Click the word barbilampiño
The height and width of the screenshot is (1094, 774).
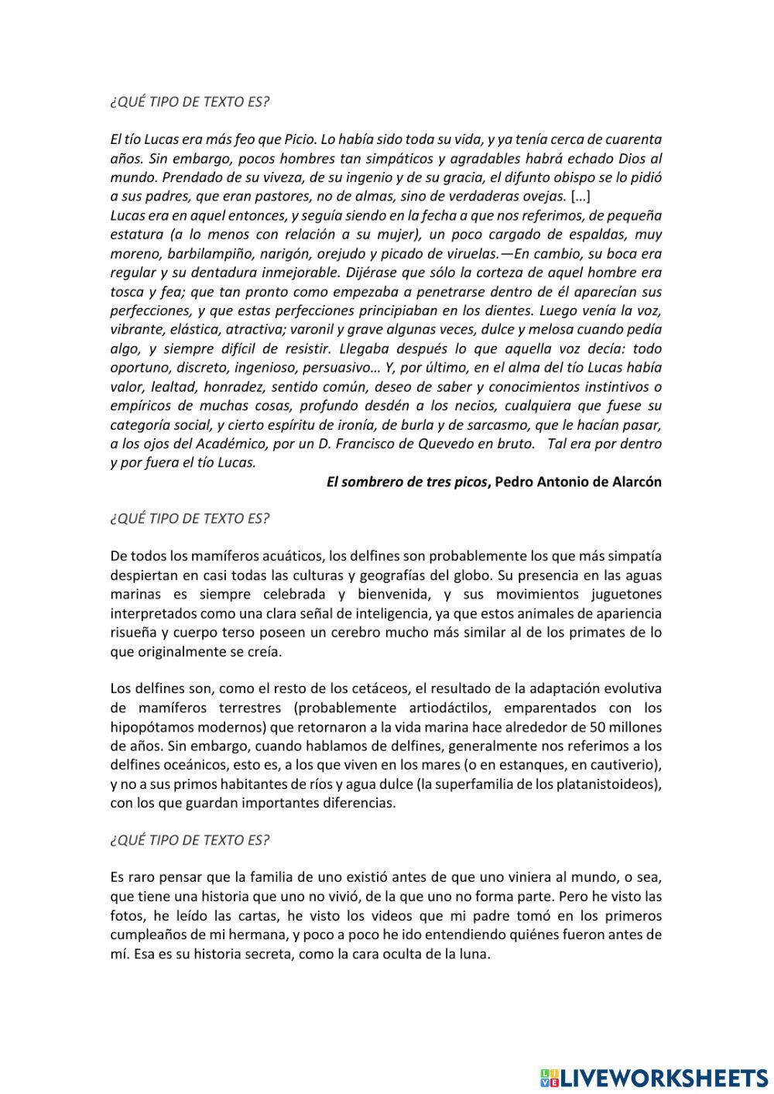(x=191, y=253)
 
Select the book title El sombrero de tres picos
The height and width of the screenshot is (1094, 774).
(x=407, y=482)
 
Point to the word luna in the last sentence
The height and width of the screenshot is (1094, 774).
(x=475, y=954)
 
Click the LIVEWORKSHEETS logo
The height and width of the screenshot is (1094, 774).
(x=653, y=1077)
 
